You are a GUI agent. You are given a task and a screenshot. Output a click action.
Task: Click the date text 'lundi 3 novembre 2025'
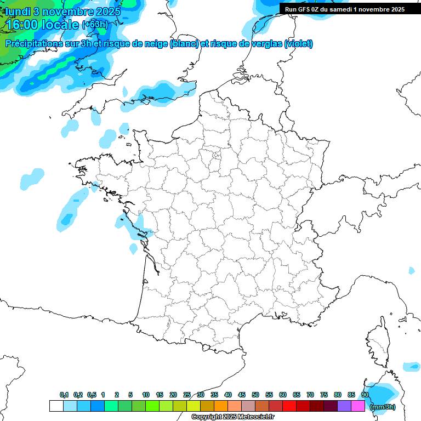[x=63, y=12]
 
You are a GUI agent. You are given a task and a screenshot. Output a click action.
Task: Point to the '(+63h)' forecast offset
[x=95, y=25]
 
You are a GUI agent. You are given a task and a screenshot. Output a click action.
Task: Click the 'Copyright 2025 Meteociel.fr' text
[x=233, y=417]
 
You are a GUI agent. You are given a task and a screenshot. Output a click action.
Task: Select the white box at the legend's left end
[x=56, y=406]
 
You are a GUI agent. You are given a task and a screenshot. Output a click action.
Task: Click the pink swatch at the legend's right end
[x=358, y=406]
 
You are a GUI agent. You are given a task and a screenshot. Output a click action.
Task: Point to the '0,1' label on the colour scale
[x=64, y=395]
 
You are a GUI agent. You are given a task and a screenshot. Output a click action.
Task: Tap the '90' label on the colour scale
[x=365, y=395]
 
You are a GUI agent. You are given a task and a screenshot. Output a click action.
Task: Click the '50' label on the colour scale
[x=255, y=395]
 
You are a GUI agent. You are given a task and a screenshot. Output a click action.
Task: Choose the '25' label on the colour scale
[x=187, y=395]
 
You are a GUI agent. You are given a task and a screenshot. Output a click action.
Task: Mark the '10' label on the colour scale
[x=146, y=395]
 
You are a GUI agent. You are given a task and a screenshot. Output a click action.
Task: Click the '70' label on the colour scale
[x=310, y=395]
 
